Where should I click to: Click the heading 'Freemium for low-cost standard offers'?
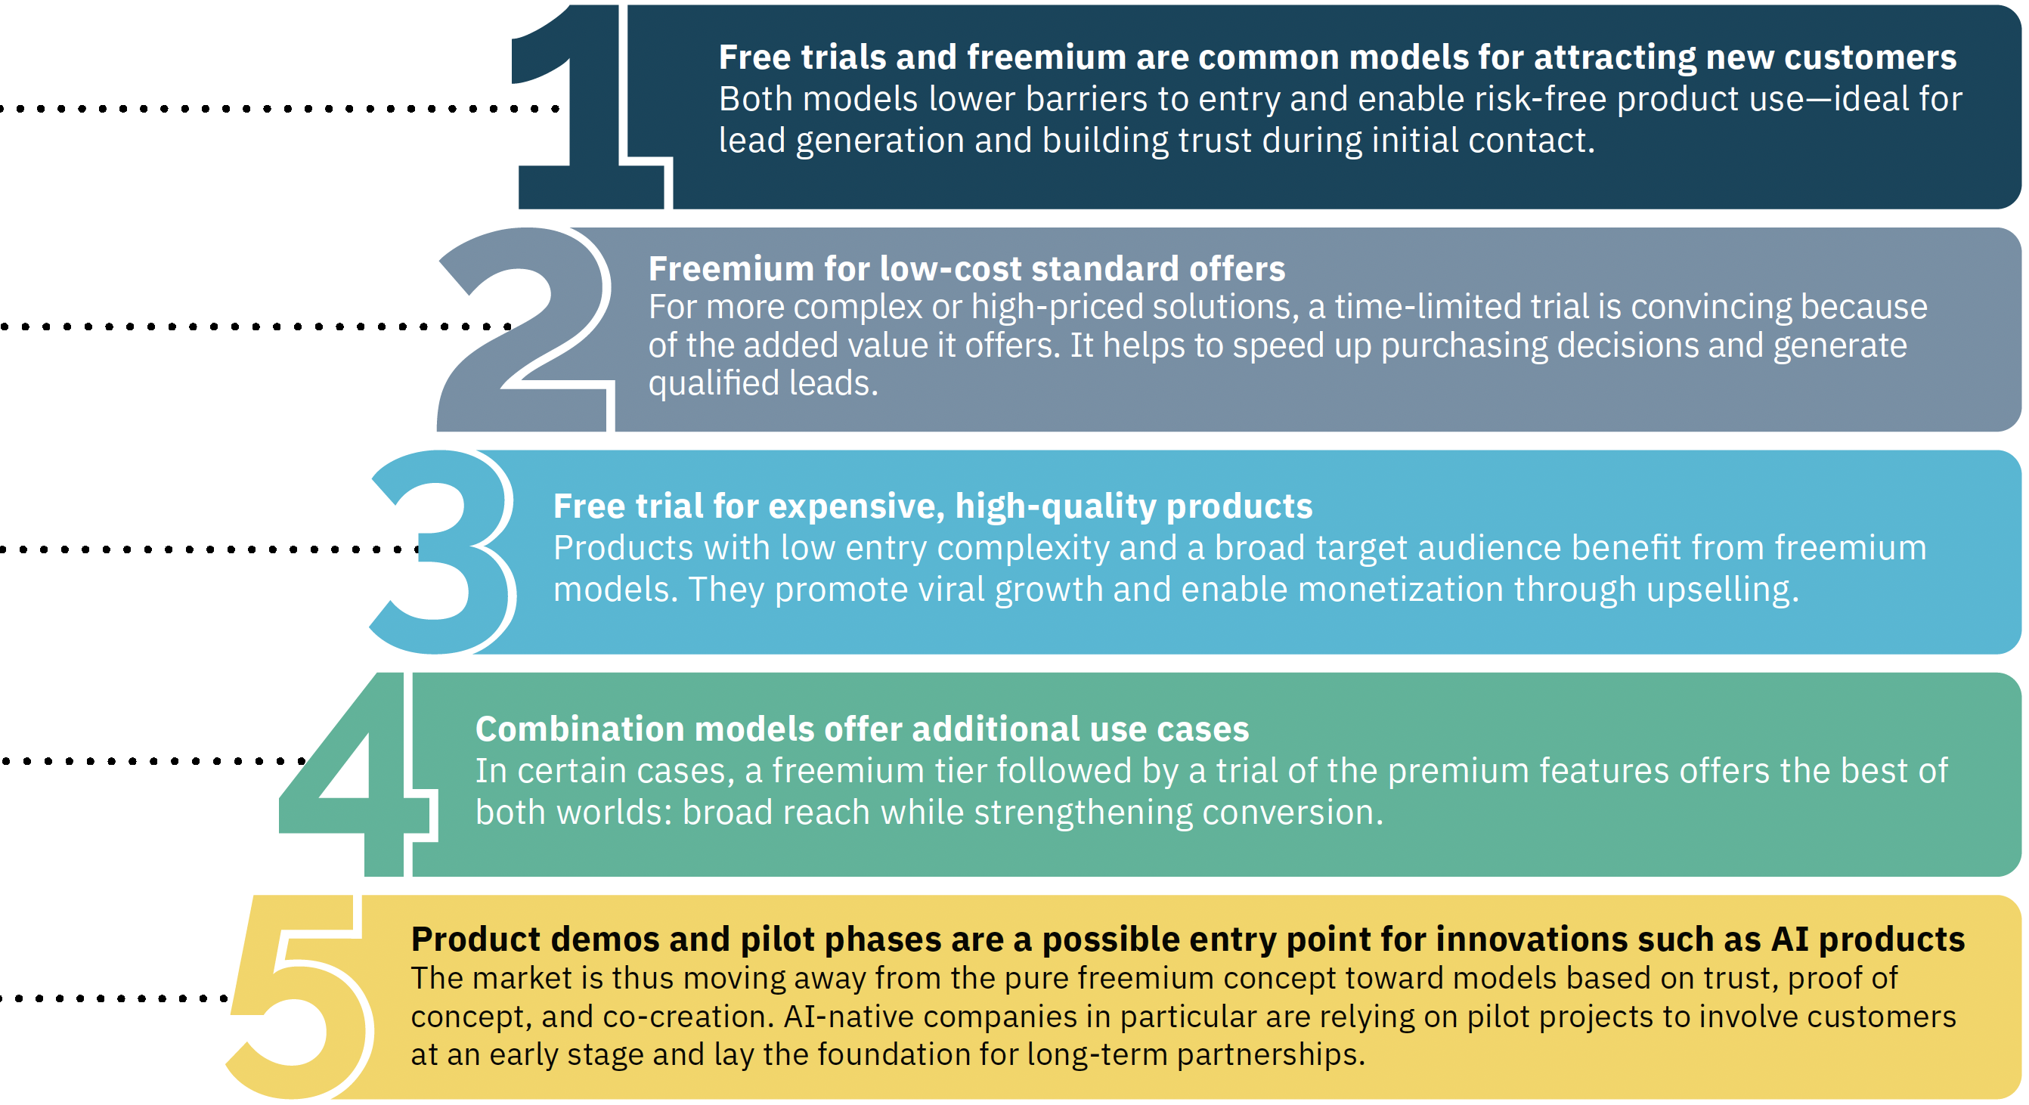coord(966,269)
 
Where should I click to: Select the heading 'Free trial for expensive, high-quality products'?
coord(933,506)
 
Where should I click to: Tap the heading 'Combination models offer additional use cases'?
coord(862,729)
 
